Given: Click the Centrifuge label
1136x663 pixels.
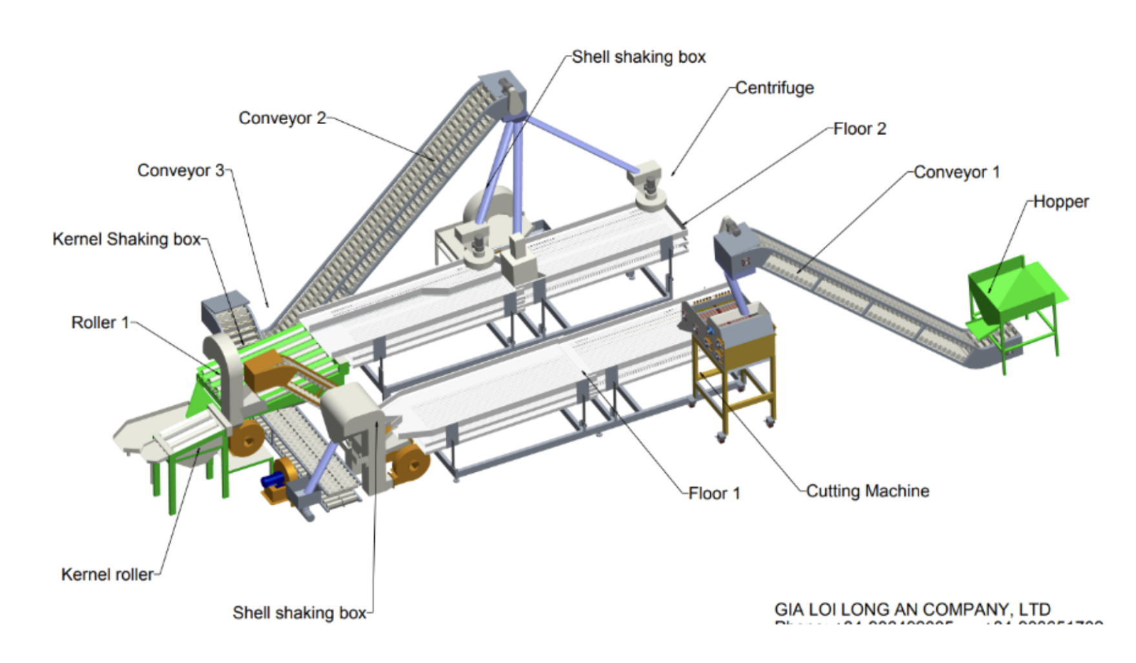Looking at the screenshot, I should pos(774,88).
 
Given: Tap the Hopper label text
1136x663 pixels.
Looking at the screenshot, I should pos(1060,202).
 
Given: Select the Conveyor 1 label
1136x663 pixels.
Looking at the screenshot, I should pos(956,172).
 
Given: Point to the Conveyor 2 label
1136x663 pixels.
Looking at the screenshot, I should pos(282,118).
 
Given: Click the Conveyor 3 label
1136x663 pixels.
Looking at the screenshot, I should pos(180,171).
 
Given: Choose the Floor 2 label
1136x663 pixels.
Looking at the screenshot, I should pos(859,129).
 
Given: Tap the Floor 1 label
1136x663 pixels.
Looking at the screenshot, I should pos(714,494).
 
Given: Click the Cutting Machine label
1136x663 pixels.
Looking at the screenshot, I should pos(868,491).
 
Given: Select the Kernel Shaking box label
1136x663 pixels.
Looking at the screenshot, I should pos(127,239).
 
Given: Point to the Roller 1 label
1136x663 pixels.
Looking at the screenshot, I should pos(100,322).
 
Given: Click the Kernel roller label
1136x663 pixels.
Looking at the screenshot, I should pos(107,574).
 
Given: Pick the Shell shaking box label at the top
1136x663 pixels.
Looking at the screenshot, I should pos(638,57).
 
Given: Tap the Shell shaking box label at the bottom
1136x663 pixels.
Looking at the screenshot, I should pos(299,613).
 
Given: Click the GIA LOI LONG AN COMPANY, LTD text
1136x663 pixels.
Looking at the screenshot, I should pos(912,609).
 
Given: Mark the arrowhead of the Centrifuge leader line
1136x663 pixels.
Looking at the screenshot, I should pos(673,174).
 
